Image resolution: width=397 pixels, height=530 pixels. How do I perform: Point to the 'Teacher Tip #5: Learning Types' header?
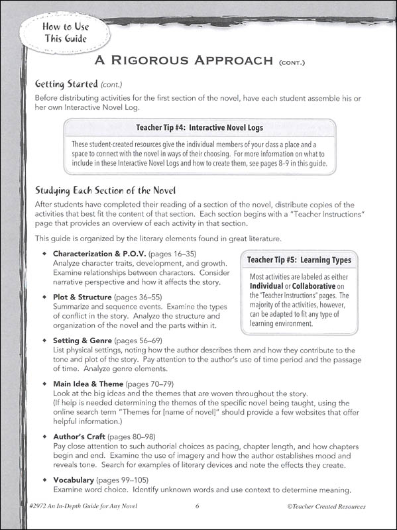point(299,260)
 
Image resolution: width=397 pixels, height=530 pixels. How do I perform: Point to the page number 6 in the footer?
point(198,507)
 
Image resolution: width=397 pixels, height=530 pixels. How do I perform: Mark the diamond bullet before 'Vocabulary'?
point(44,478)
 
